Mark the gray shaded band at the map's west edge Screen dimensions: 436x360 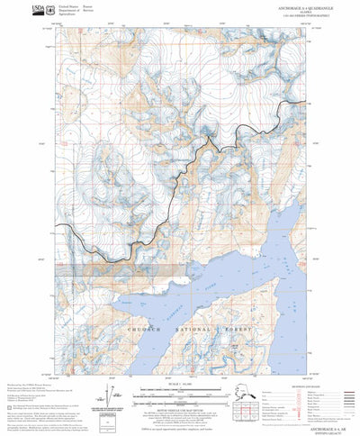pos(76,268)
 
